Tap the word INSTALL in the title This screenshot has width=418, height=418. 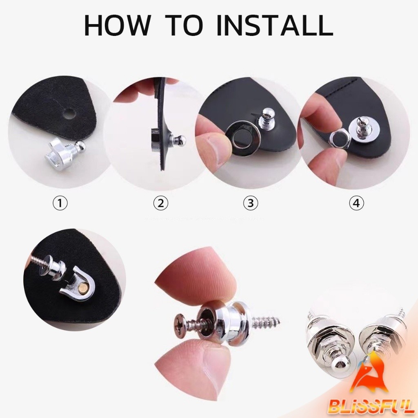(x=275, y=25)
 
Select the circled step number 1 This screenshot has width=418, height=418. (x=60, y=203)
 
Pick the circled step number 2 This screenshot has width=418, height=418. (x=161, y=203)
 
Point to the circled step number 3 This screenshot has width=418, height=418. (x=251, y=203)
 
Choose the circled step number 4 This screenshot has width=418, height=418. (x=356, y=203)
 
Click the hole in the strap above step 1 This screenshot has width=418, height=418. (x=69, y=113)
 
